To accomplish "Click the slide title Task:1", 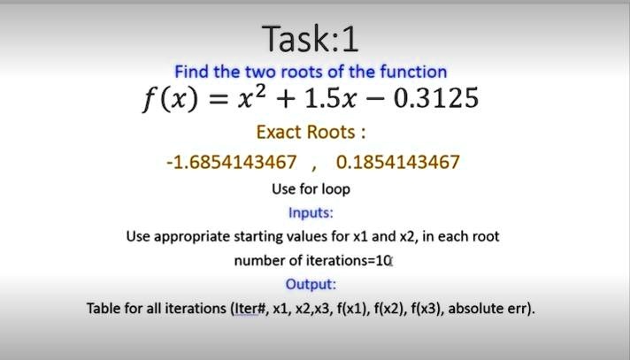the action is (311, 39).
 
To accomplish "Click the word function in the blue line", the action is (413, 72).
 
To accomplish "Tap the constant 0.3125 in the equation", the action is (436, 98).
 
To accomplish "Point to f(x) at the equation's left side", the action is (171, 99).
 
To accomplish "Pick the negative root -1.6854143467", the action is (232, 163).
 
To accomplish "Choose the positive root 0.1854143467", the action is (398, 163).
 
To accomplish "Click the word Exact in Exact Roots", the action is (279, 132).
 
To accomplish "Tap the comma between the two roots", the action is (314, 168).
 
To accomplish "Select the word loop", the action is (336, 189).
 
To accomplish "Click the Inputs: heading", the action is (311, 212).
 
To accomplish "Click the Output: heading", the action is (311, 285).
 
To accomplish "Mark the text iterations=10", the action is (349, 261).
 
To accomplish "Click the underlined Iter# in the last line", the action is (250, 309).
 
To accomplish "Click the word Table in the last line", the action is (104, 309).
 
